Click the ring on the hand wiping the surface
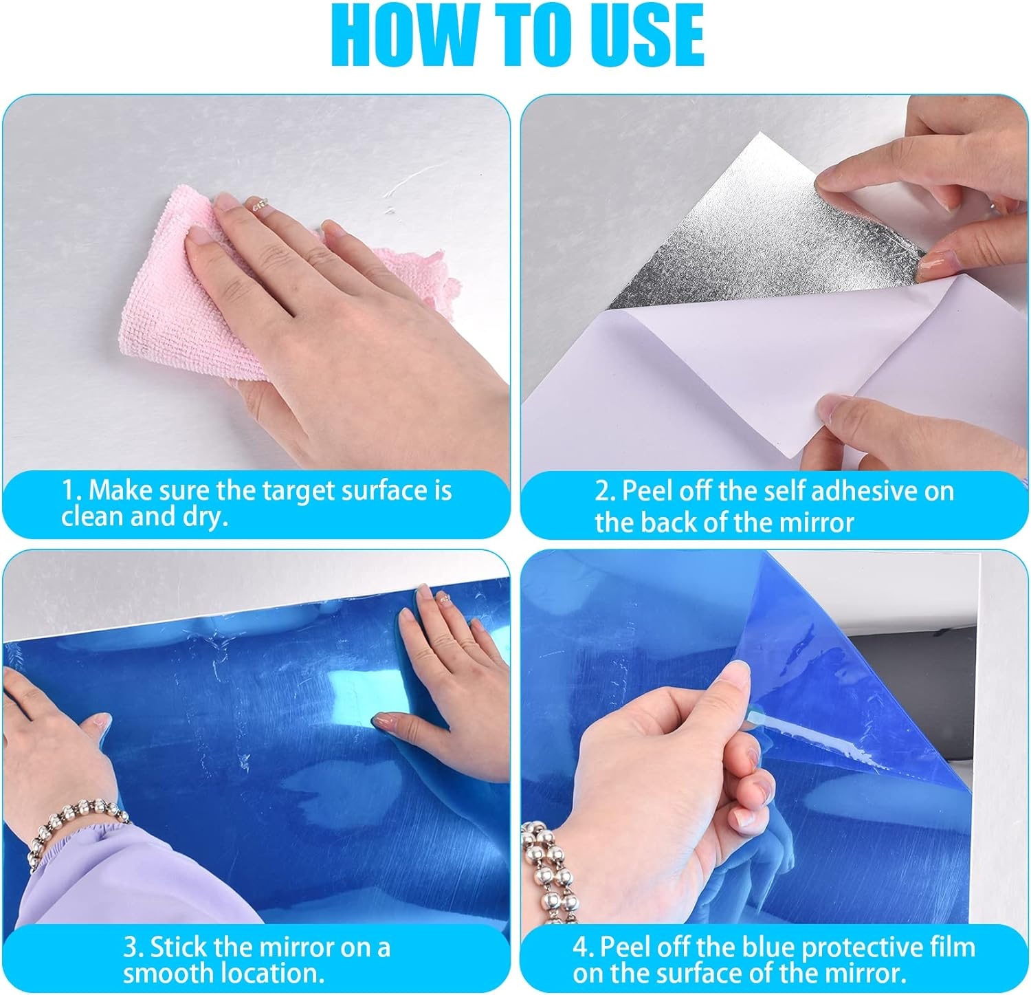(x=259, y=204)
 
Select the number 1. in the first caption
(x=72, y=491)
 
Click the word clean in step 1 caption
(x=93, y=517)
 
